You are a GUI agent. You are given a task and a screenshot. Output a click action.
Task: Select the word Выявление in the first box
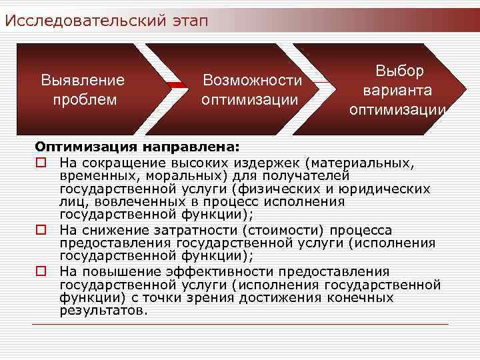83,81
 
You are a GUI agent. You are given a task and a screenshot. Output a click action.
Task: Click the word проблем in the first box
84,100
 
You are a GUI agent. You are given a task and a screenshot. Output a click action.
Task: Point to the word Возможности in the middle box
253,81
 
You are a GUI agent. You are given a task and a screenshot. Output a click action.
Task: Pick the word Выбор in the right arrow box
399,71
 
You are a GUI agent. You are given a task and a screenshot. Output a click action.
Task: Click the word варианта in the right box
397,89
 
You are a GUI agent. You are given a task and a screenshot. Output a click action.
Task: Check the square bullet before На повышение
41,271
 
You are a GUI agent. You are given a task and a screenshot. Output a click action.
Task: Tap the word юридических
392,189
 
